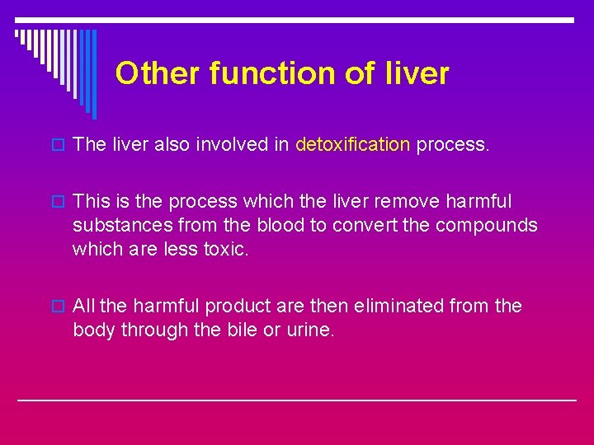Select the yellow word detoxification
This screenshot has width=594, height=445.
pos(352,145)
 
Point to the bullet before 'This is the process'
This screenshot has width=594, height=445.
pos(57,202)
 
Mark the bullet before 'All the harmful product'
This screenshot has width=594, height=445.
pos(57,307)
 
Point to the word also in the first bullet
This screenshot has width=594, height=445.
pos(171,145)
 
